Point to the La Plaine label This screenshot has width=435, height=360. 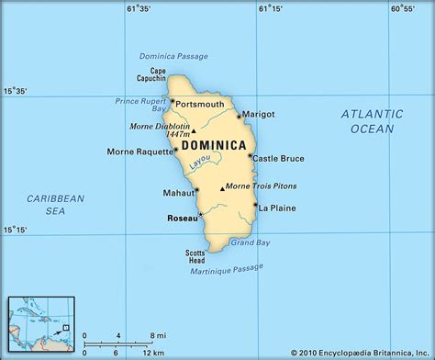(276, 208)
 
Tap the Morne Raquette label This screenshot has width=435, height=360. (137, 151)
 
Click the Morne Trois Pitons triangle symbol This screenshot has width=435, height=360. (222, 188)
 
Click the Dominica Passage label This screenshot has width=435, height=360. (173, 56)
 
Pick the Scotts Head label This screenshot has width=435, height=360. (195, 255)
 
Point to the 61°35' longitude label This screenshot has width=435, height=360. (139, 10)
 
